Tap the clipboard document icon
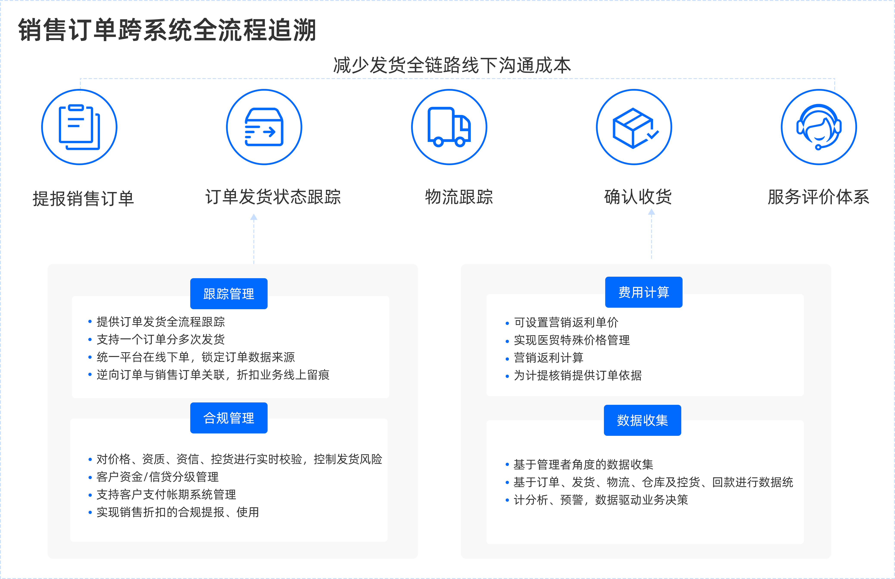79,127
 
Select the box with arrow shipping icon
264,127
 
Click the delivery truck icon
449,127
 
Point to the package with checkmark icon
634,127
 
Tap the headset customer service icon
819,127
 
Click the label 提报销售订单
83,198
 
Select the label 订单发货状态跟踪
273,197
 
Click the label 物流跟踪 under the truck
459,197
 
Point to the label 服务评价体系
818,197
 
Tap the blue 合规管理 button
229,418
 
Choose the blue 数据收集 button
642,420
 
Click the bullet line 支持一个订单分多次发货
161,339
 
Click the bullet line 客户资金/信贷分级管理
157,477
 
